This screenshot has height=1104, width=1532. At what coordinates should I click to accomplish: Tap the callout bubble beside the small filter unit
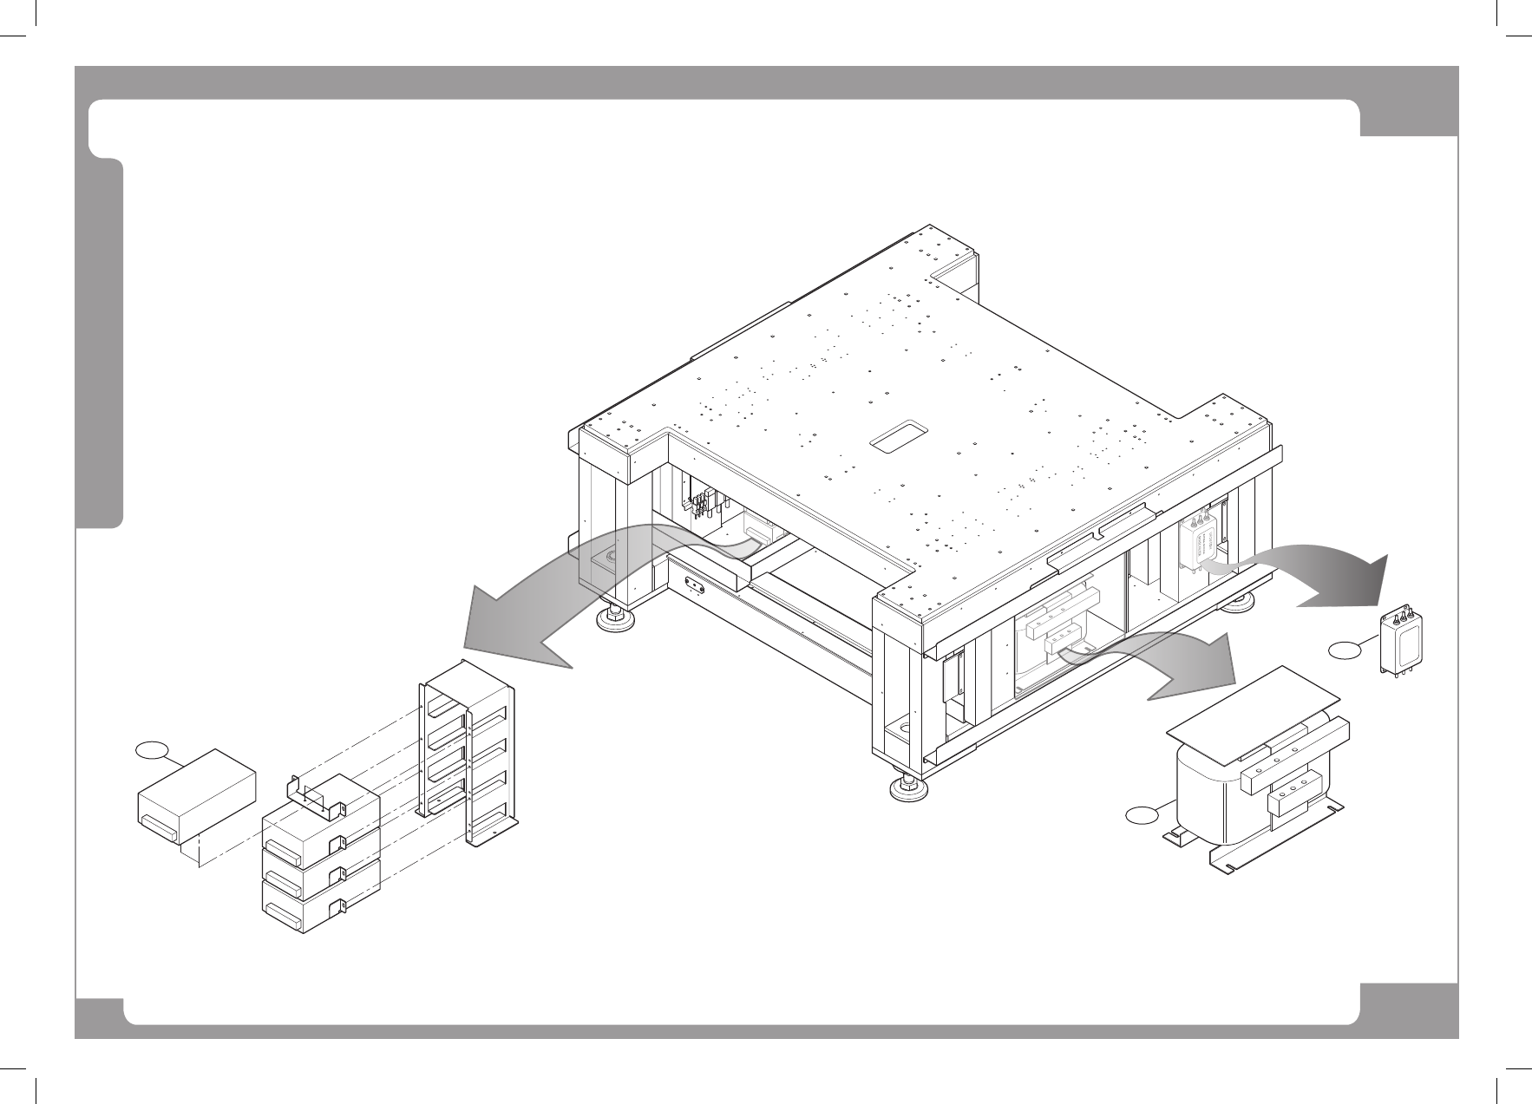pyautogui.click(x=1344, y=649)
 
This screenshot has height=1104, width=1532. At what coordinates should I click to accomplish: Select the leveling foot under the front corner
pyautogui.click(x=908, y=787)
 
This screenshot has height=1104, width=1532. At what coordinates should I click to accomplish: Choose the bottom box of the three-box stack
pyautogui.click(x=321, y=906)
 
